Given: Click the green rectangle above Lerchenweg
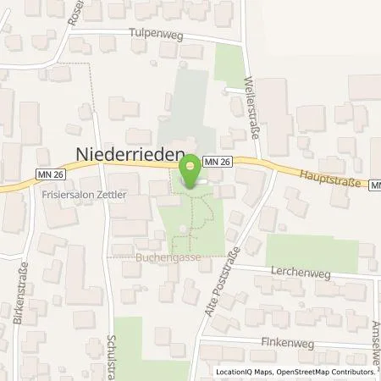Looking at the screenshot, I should [312, 251].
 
